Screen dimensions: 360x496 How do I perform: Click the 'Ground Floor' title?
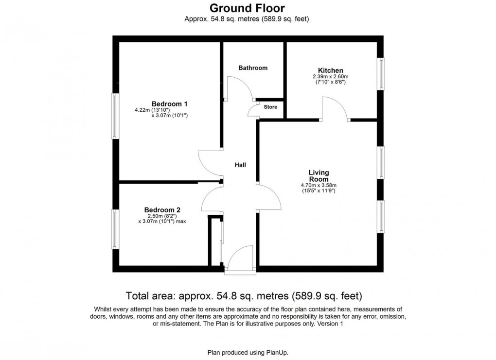click(247, 8)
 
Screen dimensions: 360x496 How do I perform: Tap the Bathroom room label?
click(253, 68)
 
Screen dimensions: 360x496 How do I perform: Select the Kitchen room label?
click(331, 70)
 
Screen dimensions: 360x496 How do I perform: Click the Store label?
click(270, 107)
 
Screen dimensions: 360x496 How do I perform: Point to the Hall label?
click(240, 165)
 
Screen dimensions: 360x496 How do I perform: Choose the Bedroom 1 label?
click(169, 103)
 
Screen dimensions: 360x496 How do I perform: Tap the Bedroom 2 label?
click(162, 210)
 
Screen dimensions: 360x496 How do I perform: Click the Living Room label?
click(319, 175)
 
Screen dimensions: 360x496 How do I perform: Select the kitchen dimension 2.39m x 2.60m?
click(331, 77)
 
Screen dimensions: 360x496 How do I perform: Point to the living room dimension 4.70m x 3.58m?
click(319, 185)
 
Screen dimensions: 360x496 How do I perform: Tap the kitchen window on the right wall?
click(382, 74)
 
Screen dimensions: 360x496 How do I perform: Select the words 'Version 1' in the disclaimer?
click(330, 324)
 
